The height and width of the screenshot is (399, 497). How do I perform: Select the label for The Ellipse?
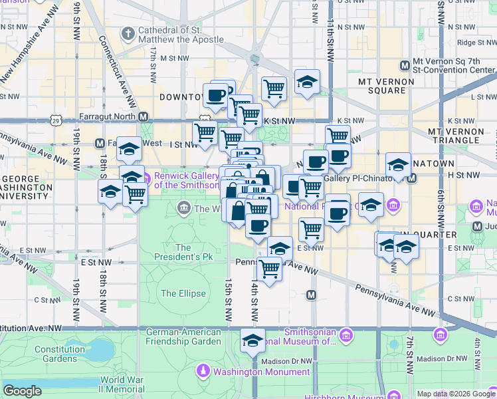[178, 293]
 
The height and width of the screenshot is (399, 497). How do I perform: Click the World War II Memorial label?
[122, 384]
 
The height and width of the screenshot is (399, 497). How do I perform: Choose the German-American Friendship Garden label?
[183, 336]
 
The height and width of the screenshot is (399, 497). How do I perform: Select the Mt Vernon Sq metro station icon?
[405, 66]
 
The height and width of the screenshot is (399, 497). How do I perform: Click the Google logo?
[23, 391]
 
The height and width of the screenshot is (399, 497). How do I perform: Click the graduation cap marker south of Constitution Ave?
[252, 340]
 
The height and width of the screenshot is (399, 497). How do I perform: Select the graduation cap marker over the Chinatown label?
[398, 165]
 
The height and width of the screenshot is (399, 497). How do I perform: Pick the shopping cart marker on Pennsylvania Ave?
[269, 269]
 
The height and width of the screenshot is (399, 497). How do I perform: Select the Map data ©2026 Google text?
[455, 394]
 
